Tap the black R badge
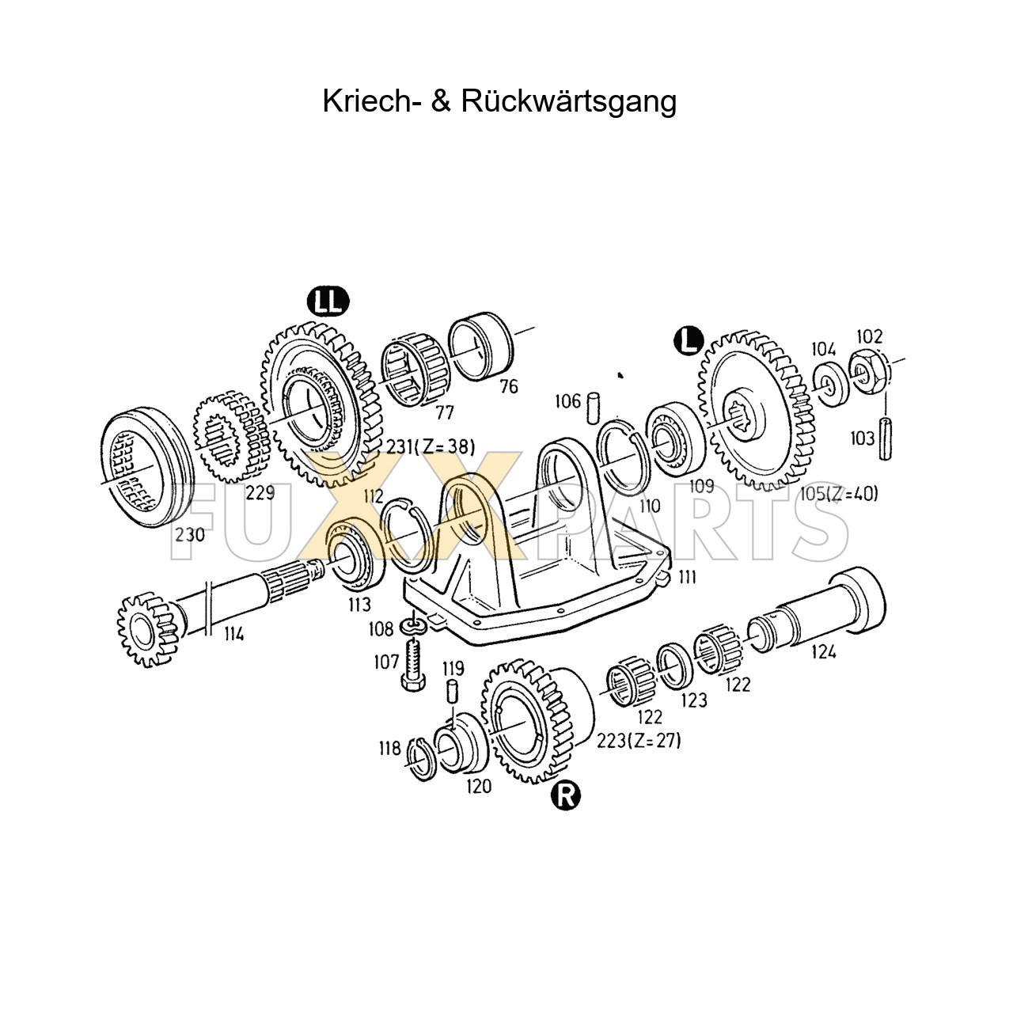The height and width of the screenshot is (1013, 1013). (567, 795)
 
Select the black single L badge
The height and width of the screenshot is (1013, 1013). (688, 340)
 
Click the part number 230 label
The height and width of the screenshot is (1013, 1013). (190, 534)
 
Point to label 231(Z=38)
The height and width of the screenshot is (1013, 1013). (431, 447)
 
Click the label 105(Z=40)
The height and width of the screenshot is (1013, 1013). (838, 495)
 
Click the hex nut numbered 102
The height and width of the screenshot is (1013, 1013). (868, 368)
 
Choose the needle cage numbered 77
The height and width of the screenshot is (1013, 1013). (415, 371)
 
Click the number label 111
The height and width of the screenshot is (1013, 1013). (685, 577)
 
